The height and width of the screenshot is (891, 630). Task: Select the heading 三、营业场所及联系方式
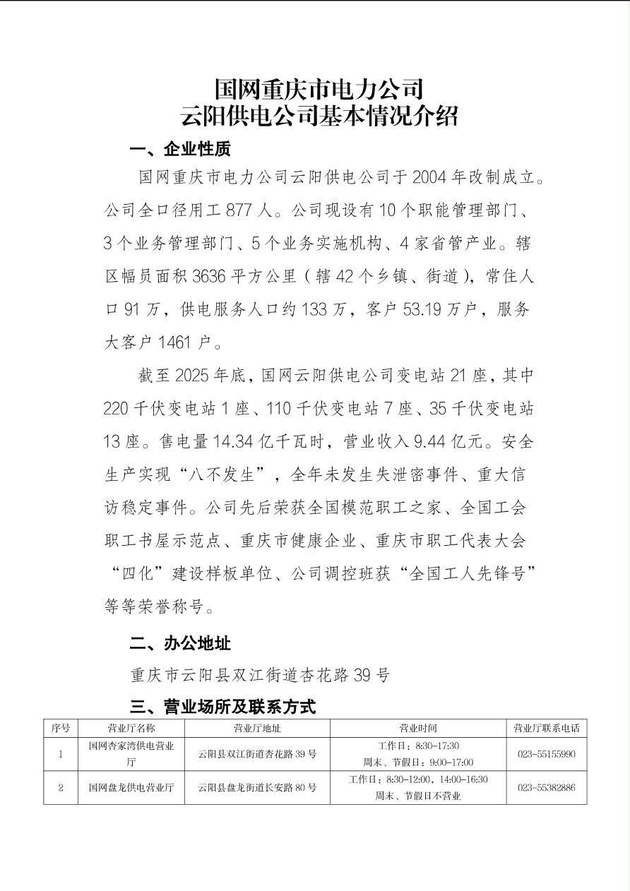tap(222, 706)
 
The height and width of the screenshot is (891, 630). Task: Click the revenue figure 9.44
tap(435, 441)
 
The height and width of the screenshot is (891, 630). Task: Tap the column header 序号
tap(61, 728)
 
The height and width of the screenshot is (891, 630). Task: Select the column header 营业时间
tap(418, 728)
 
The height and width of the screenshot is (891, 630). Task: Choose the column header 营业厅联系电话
tap(546, 728)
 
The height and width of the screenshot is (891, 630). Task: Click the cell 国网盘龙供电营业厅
tap(131, 787)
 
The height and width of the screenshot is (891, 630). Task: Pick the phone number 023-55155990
tap(546, 754)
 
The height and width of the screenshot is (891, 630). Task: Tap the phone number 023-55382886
tap(546, 787)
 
